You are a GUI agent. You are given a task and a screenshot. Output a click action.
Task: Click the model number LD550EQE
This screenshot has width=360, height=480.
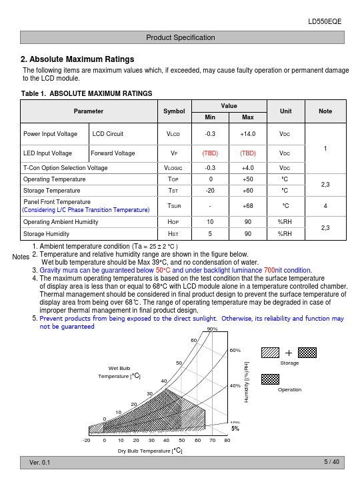325,21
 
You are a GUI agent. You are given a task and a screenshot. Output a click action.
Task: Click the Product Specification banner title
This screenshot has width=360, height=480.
180,37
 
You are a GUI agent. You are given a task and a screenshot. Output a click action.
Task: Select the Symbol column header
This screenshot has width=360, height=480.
174,111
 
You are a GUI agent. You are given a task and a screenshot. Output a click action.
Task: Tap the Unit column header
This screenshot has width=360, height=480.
285,111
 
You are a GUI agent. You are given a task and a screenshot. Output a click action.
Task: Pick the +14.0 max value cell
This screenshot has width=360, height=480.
247,134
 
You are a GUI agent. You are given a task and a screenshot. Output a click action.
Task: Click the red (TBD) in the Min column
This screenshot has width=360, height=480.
210,153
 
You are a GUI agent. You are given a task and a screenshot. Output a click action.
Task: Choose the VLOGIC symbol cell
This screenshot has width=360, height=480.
173,168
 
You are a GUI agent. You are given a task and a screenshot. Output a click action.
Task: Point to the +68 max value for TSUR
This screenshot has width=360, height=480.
247,206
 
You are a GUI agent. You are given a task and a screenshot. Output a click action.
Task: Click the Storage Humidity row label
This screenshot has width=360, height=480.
46,234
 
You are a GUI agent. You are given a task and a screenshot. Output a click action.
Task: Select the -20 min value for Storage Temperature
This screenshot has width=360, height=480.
210,191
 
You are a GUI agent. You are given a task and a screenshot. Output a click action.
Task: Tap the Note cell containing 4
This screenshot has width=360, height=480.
325,206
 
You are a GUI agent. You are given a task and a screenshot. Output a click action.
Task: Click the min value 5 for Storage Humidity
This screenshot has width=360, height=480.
210,234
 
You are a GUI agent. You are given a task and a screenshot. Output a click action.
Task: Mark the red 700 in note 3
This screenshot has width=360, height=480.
269,270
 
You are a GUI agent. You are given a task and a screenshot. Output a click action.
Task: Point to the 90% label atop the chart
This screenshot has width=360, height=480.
213,329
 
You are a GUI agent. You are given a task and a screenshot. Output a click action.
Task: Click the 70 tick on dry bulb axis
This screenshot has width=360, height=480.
213,440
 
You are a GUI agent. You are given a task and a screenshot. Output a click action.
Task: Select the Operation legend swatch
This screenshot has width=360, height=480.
270,379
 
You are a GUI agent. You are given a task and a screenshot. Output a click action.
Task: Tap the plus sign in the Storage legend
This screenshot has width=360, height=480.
289,353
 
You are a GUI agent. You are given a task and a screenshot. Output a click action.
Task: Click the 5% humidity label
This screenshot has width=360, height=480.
235,429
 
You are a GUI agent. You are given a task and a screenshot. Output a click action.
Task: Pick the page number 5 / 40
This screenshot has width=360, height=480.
332,461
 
